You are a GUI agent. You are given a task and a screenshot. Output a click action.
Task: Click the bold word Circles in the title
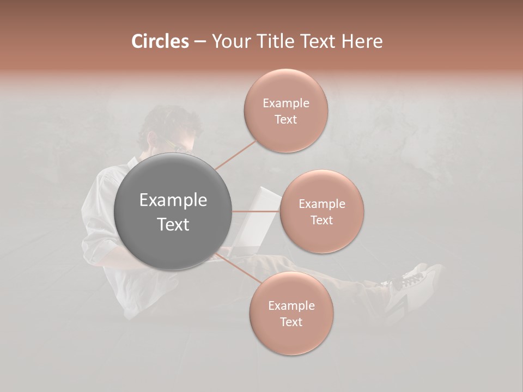160,41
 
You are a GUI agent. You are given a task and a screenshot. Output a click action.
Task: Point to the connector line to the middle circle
256,211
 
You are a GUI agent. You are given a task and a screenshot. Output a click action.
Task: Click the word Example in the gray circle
173,200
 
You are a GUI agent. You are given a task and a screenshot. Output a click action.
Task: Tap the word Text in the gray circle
173,224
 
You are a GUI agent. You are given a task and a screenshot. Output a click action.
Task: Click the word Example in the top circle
285,103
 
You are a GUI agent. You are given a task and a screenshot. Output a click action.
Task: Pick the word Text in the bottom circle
291,322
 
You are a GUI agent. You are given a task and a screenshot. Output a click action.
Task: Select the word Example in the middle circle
321,204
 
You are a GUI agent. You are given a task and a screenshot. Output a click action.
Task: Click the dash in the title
200,42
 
